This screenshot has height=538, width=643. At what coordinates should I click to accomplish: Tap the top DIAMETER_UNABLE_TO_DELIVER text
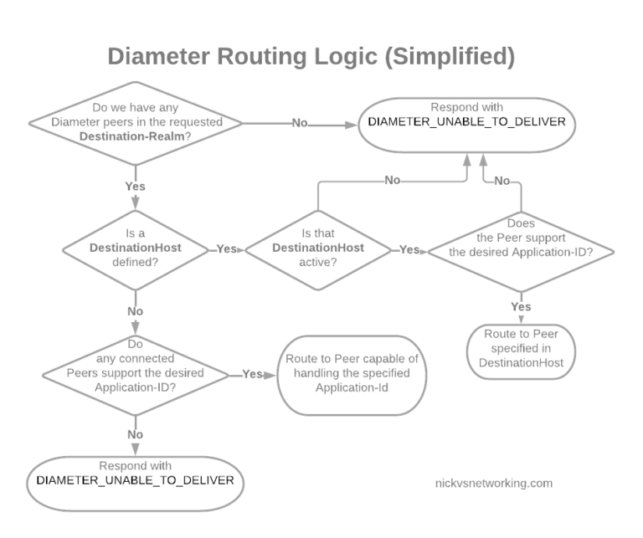point(467,122)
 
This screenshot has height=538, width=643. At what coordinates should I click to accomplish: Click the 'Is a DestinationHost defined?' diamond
point(135,249)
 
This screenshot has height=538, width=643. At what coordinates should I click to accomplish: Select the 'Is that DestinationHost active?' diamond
point(317,249)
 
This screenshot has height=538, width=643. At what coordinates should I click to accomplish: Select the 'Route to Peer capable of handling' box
point(352,375)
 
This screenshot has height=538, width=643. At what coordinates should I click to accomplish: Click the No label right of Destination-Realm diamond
point(300,123)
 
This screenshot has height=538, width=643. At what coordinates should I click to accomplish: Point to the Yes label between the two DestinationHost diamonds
point(226,249)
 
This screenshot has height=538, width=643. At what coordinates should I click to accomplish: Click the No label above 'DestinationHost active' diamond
point(391,180)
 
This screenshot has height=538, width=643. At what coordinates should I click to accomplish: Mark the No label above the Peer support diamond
point(502,180)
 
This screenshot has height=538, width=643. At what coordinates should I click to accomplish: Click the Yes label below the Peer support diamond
point(521,306)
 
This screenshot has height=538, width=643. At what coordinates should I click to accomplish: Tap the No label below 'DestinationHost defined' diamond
point(135,310)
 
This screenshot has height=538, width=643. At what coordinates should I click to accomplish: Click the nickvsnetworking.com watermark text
point(494,483)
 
